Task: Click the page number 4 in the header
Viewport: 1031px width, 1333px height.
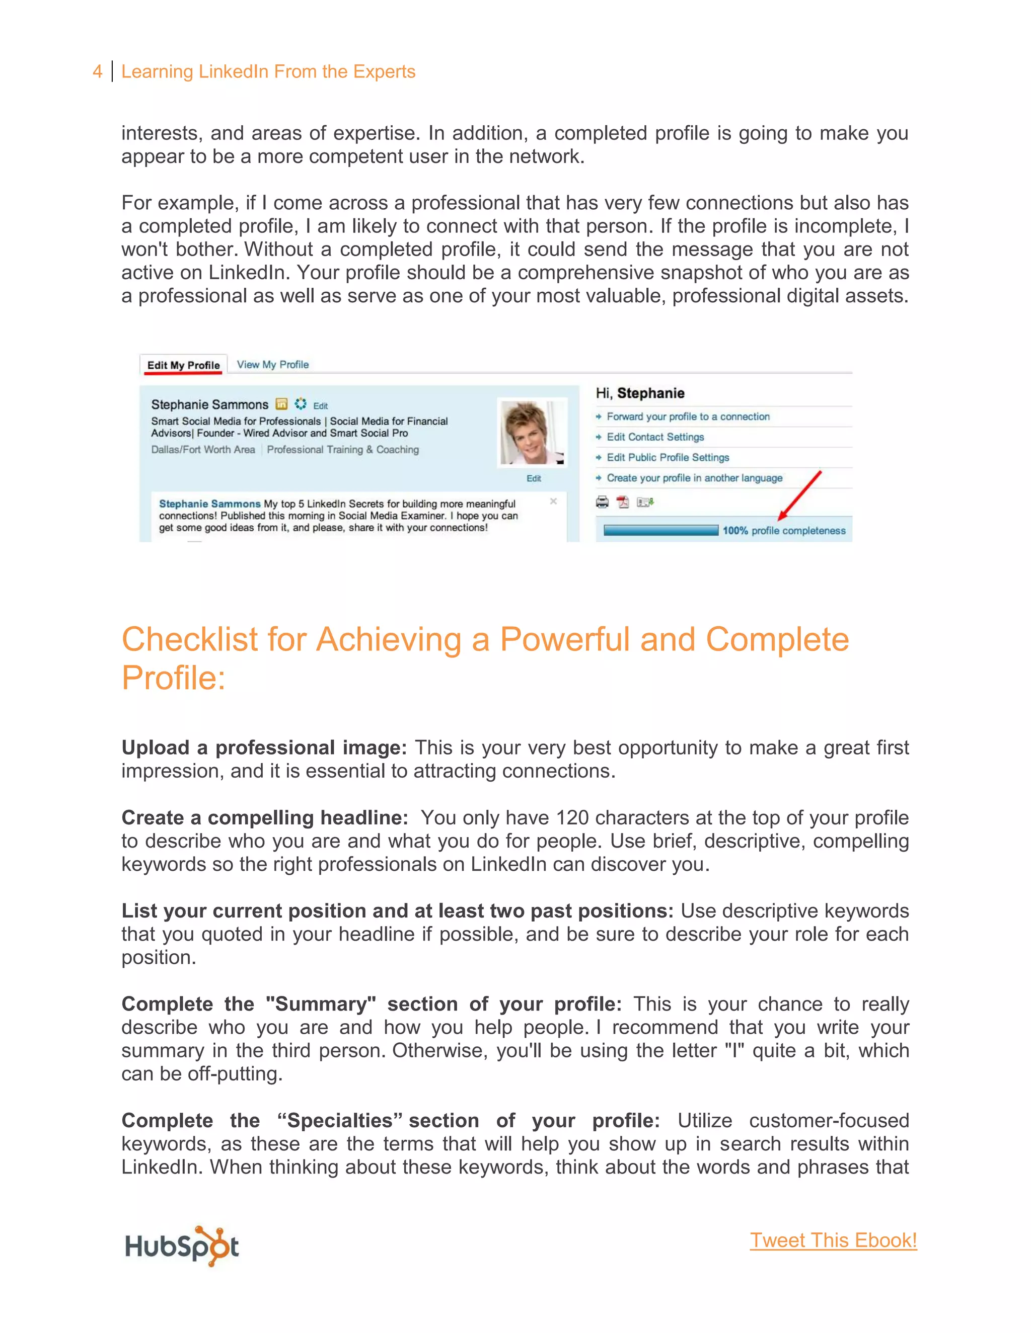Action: (x=97, y=71)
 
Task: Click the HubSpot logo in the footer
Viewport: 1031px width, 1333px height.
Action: (x=181, y=1245)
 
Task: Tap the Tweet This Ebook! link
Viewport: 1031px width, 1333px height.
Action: (x=833, y=1240)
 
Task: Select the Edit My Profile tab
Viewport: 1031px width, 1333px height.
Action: (x=183, y=365)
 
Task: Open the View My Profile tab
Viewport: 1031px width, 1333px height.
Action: (x=272, y=364)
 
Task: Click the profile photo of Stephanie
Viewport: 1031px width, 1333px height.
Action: (x=532, y=433)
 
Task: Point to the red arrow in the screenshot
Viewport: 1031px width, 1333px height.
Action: (x=800, y=494)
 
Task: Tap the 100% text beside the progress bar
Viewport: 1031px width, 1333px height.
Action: (x=735, y=530)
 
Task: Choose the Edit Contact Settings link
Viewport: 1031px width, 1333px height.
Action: (x=655, y=437)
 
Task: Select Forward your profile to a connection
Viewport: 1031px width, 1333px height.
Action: (x=688, y=416)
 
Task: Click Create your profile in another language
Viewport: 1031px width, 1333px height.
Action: (x=694, y=478)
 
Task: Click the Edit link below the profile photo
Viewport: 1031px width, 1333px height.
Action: (x=533, y=478)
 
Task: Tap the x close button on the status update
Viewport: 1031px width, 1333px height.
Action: (x=553, y=501)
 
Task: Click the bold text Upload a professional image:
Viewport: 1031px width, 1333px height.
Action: (x=264, y=747)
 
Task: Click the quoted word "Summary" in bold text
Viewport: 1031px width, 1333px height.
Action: (x=321, y=1004)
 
